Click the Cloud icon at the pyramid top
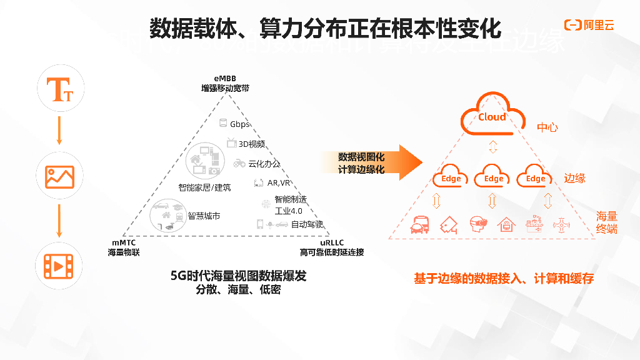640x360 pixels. [492, 115]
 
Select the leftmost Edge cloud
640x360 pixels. [451, 176]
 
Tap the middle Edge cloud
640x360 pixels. [493, 176]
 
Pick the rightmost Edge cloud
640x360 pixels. [536, 176]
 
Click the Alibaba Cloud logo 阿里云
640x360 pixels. [589, 25]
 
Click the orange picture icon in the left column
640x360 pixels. [59, 177]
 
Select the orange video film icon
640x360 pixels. [59, 267]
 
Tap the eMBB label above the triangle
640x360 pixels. [225, 79]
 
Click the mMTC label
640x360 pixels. [124, 242]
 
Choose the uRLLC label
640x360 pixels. [331, 242]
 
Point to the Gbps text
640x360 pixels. [239, 124]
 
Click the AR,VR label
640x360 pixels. [278, 183]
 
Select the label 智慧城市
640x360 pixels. [204, 216]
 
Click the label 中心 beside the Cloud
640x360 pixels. [547, 128]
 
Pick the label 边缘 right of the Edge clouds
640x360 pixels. [575, 178]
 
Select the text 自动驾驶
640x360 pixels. [307, 224]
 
